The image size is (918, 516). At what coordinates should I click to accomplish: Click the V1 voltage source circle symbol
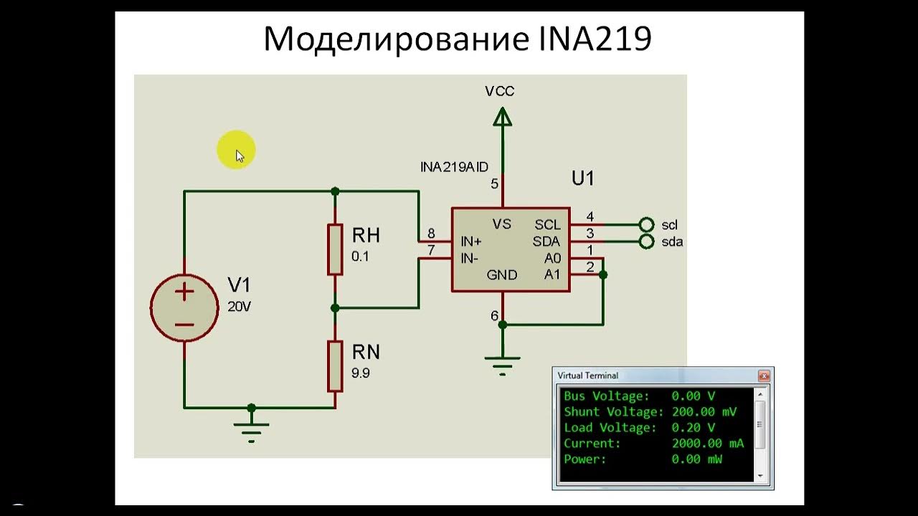pos(184,307)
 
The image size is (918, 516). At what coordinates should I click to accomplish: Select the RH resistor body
pos(335,249)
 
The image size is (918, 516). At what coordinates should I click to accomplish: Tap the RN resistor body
pos(335,366)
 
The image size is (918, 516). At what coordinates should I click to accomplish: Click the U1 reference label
pos(583,178)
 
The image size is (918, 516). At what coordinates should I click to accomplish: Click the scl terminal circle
pos(646,224)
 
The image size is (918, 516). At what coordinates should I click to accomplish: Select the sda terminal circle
pos(646,242)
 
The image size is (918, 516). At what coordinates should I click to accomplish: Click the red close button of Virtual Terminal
pos(764,376)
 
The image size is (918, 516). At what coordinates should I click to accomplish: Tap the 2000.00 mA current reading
pos(708,443)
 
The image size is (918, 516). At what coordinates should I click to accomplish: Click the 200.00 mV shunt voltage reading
pos(704,411)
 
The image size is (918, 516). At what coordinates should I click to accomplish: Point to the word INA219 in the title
pos(595,39)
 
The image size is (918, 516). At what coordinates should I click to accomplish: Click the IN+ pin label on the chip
pos(471,242)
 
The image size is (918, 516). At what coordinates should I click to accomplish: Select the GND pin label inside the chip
pos(501,274)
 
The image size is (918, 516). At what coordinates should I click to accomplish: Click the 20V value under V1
pos(239,307)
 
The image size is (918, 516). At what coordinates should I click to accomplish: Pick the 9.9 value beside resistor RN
pos(360,373)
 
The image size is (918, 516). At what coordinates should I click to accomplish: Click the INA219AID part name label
pos(454,167)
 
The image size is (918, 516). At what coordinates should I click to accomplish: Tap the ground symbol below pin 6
pos(503,365)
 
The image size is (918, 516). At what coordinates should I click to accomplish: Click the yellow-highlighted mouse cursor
pos(240,156)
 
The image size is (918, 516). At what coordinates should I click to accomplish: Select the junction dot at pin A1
pos(603,274)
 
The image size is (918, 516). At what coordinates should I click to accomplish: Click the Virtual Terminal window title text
pos(587,376)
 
